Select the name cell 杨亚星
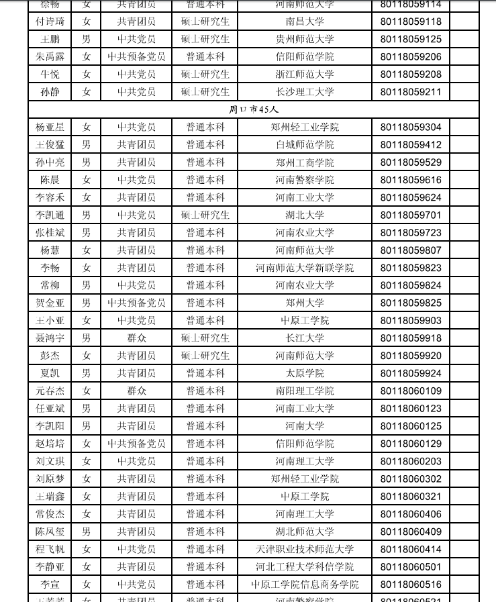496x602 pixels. (x=50, y=127)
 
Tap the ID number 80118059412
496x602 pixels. (x=411, y=144)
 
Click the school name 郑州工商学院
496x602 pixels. (x=305, y=162)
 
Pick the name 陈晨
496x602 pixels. (x=50, y=180)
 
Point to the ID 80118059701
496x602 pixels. (x=411, y=215)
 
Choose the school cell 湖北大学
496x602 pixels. (x=305, y=215)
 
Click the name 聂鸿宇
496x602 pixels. (x=50, y=338)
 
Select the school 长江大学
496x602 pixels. (x=305, y=338)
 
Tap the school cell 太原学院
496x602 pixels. (x=305, y=373)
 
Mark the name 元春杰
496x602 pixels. (x=50, y=391)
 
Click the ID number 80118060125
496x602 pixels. (x=411, y=426)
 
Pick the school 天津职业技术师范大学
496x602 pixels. (x=305, y=549)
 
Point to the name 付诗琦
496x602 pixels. (x=50, y=21)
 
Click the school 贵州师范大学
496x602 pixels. (x=305, y=39)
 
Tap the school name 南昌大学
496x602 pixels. (x=305, y=21)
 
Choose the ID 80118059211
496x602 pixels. (x=411, y=92)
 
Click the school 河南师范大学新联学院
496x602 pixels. (x=305, y=268)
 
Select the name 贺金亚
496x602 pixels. (x=50, y=303)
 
